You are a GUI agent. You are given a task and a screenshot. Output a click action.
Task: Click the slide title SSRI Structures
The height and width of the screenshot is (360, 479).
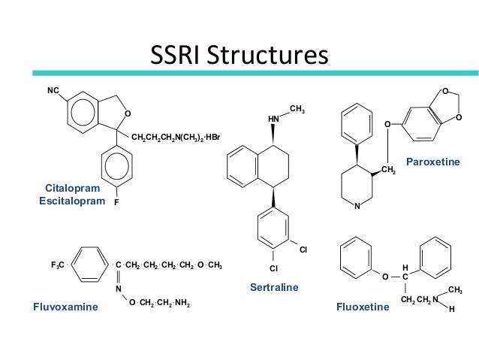[239, 56]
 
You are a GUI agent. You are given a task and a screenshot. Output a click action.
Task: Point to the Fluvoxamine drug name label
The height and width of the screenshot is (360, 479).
[65, 307]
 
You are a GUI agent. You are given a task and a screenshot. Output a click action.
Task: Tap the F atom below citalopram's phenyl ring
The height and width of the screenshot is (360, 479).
[118, 202]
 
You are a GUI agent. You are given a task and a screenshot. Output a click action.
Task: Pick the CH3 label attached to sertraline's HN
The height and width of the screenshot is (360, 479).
[297, 110]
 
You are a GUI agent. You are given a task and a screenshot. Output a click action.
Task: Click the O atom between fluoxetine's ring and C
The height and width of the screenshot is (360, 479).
[384, 277]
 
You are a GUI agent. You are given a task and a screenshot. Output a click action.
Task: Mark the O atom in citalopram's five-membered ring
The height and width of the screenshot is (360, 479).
[127, 113]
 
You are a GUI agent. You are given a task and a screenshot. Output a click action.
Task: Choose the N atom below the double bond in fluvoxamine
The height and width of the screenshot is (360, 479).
[118, 288]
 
